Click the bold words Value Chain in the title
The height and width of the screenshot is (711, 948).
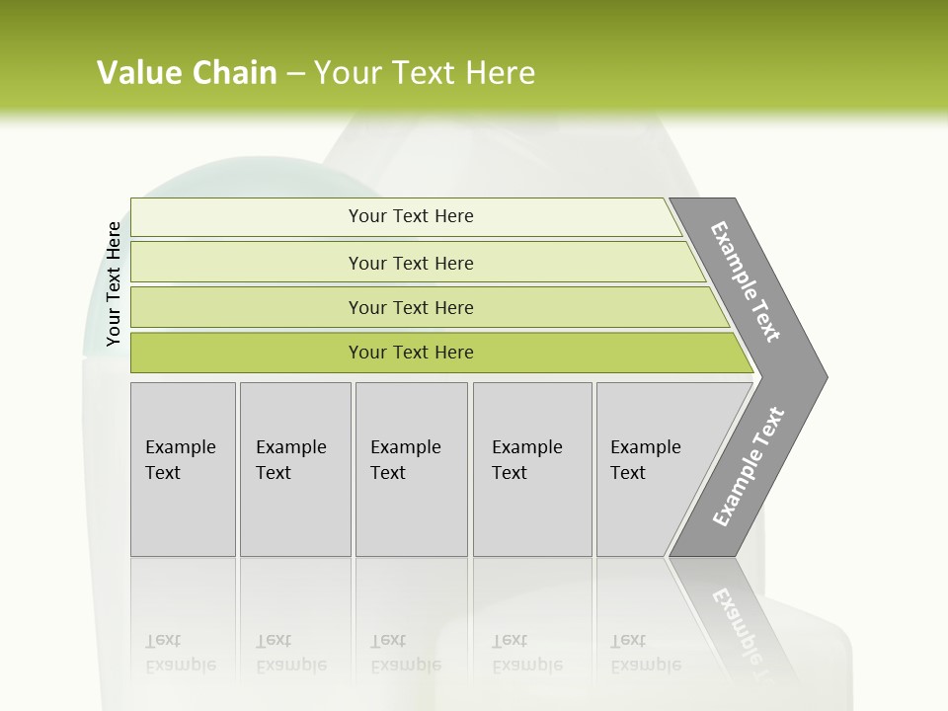tap(187, 73)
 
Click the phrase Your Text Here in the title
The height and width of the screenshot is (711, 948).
tap(425, 73)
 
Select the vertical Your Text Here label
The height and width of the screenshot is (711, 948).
tap(114, 284)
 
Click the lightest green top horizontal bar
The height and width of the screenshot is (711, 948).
tap(247, 217)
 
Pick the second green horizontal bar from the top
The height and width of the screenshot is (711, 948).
tap(247, 263)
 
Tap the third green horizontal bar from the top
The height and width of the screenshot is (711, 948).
tap(247, 308)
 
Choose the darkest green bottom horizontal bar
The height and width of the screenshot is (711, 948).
tap(247, 354)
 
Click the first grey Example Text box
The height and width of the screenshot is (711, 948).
tap(183, 469)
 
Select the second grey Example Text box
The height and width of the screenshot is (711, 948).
tap(295, 469)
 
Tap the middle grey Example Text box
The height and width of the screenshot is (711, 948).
tap(411, 469)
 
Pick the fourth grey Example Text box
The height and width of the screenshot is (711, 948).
tap(532, 469)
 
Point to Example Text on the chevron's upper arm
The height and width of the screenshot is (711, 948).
tap(746, 281)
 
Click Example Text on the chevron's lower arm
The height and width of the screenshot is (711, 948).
tap(748, 467)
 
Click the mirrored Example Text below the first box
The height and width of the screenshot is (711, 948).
tap(180, 653)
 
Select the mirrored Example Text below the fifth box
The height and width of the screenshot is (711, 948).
tap(645, 653)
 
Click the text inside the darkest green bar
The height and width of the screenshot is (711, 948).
tap(411, 353)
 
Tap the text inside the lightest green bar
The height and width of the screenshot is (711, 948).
tap(411, 216)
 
